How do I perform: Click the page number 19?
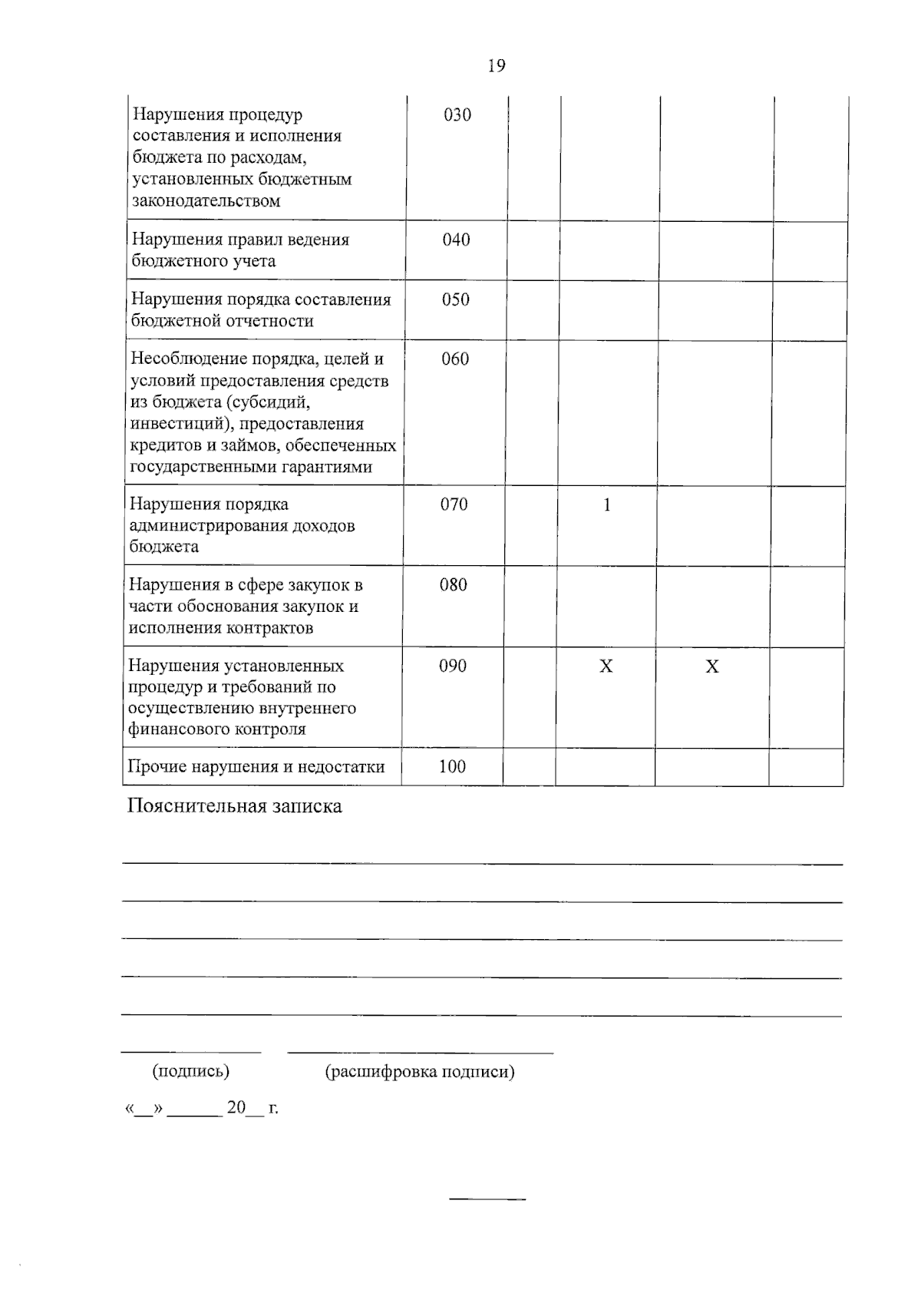497,66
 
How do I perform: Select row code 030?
457,115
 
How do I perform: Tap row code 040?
456,240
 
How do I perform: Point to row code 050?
455,299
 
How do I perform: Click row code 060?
455,359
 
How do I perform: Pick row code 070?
454,504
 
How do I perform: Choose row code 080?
453,585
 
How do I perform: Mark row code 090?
453,666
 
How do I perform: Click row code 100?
452,766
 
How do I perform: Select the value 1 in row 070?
607,505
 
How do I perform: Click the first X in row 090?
606,666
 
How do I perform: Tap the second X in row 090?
712,666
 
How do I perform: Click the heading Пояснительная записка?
234,806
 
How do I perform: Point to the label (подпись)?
191,1071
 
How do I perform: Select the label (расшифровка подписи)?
420,1071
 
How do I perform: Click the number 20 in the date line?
236,1107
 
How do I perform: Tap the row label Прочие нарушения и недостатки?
256,766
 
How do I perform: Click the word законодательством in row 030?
206,201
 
